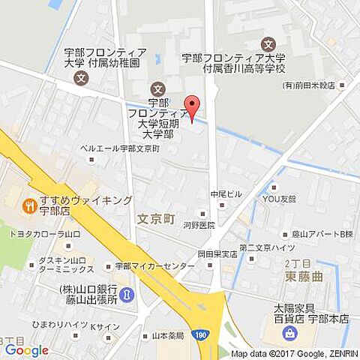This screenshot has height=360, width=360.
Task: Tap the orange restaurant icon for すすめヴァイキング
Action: (x=28, y=204)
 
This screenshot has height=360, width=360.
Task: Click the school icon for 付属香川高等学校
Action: (x=268, y=44)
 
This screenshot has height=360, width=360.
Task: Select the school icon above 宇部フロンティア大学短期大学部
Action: (x=157, y=88)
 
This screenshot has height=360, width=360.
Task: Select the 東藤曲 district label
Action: (x=303, y=275)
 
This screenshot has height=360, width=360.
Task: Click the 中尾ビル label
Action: (x=226, y=194)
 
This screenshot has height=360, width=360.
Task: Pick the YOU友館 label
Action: (x=278, y=199)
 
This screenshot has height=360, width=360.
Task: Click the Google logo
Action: (x=26, y=349)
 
